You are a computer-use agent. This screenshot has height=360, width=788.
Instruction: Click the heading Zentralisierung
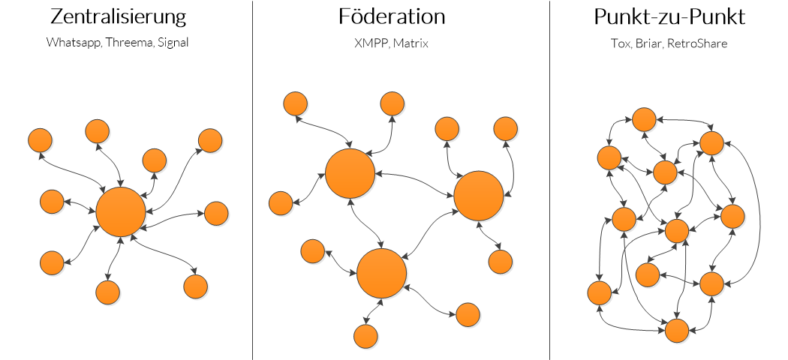(118, 17)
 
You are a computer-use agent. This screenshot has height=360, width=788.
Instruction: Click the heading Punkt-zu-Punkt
(669, 17)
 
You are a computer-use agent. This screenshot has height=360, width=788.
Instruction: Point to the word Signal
(173, 43)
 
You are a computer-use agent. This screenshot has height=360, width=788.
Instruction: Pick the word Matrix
(412, 43)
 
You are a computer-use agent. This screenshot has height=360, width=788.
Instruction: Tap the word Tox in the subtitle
(620, 43)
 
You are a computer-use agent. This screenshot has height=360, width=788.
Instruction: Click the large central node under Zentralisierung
(121, 211)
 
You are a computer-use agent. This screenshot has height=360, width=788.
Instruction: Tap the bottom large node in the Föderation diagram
(381, 273)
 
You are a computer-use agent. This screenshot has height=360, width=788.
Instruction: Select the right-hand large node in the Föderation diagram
(479, 196)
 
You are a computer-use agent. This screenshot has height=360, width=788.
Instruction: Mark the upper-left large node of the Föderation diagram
(350, 173)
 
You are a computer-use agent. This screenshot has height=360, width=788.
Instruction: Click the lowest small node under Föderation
(365, 335)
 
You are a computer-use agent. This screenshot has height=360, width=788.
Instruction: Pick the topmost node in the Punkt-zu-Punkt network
(644, 119)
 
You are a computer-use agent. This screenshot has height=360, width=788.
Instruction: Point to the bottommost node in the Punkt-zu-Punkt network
(676, 330)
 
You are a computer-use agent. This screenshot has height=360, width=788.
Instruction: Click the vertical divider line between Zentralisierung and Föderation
(252, 180)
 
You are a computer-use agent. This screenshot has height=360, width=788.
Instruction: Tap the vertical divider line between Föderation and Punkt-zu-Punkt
(550, 180)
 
